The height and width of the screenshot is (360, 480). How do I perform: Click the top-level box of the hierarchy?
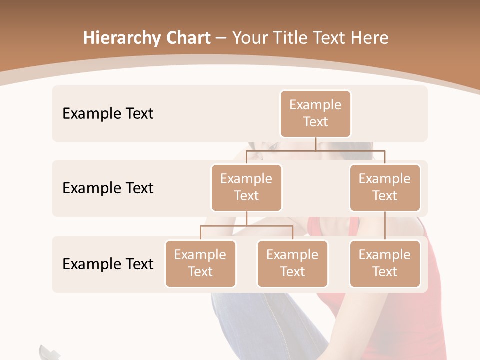click(x=315, y=114)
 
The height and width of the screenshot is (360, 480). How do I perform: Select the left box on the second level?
click(x=246, y=188)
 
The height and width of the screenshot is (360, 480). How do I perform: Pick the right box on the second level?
click(x=385, y=188)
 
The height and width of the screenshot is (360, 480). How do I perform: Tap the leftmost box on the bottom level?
click(x=200, y=264)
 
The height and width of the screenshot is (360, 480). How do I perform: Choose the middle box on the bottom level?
click(x=292, y=264)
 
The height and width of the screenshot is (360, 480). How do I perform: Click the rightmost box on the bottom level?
click(x=385, y=264)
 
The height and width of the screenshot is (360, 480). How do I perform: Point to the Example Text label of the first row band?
click(x=108, y=114)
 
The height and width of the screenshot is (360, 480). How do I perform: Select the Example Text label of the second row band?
click(x=108, y=188)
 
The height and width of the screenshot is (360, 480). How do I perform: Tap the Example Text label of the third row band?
click(x=108, y=264)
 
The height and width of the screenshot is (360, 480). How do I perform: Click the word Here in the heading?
click(x=370, y=38)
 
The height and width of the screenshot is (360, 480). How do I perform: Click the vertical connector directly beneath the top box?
click(x=315, y=144)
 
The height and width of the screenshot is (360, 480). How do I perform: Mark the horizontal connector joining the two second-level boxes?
click(x=315, y=150)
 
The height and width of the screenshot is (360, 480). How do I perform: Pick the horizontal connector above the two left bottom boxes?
click(x=246, y=226)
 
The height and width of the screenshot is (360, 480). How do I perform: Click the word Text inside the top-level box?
click(x=315, y=122)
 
